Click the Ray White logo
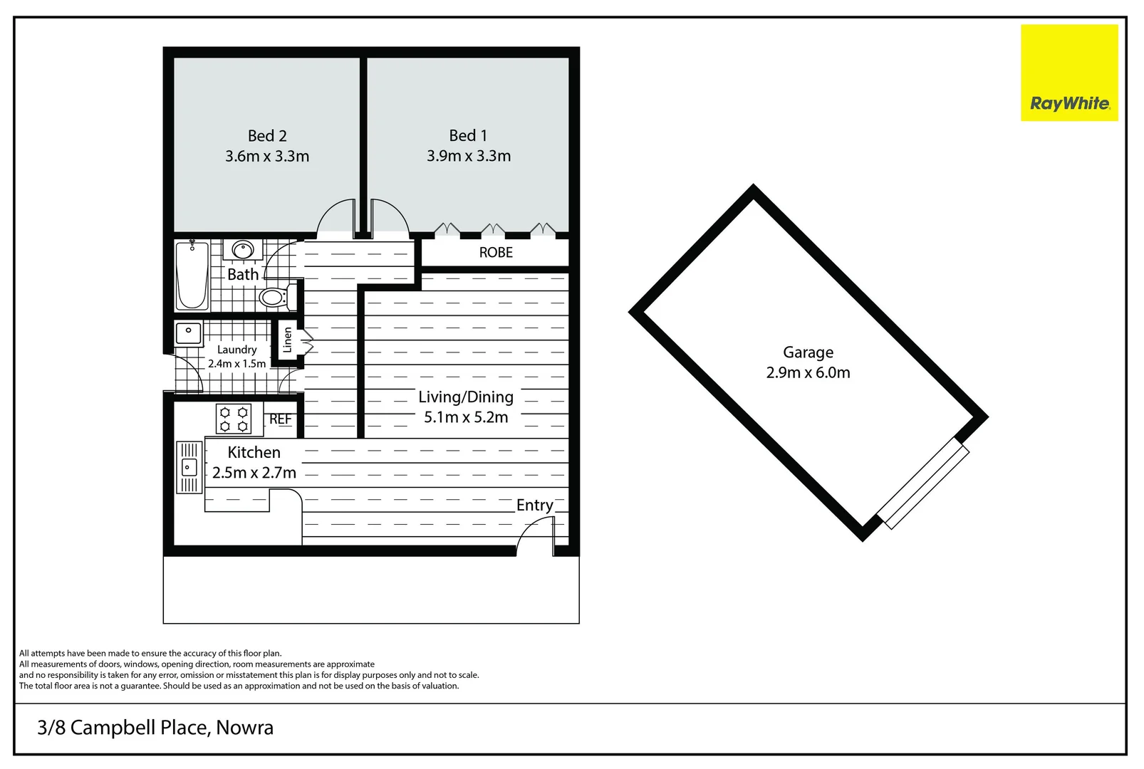click(1068, 73)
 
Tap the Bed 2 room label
click(267, 136)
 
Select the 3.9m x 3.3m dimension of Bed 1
click(469, 157)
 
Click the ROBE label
click(496, 253)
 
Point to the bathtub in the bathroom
click(192, 276)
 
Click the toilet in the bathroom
click(274, 296)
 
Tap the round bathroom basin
click(243, 250)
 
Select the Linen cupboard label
click(287, 340)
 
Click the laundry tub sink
click(189, 332)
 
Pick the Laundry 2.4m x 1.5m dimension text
click(237, 364)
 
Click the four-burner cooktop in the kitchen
click(234, 419)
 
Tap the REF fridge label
click(280, 419)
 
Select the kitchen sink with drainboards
click(189, 467)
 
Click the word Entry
click(534, 505)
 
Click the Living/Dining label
click(466, 397)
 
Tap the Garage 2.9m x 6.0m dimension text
click(808, 373)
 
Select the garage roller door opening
click(924, 484)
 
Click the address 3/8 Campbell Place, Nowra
click(155, 728)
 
